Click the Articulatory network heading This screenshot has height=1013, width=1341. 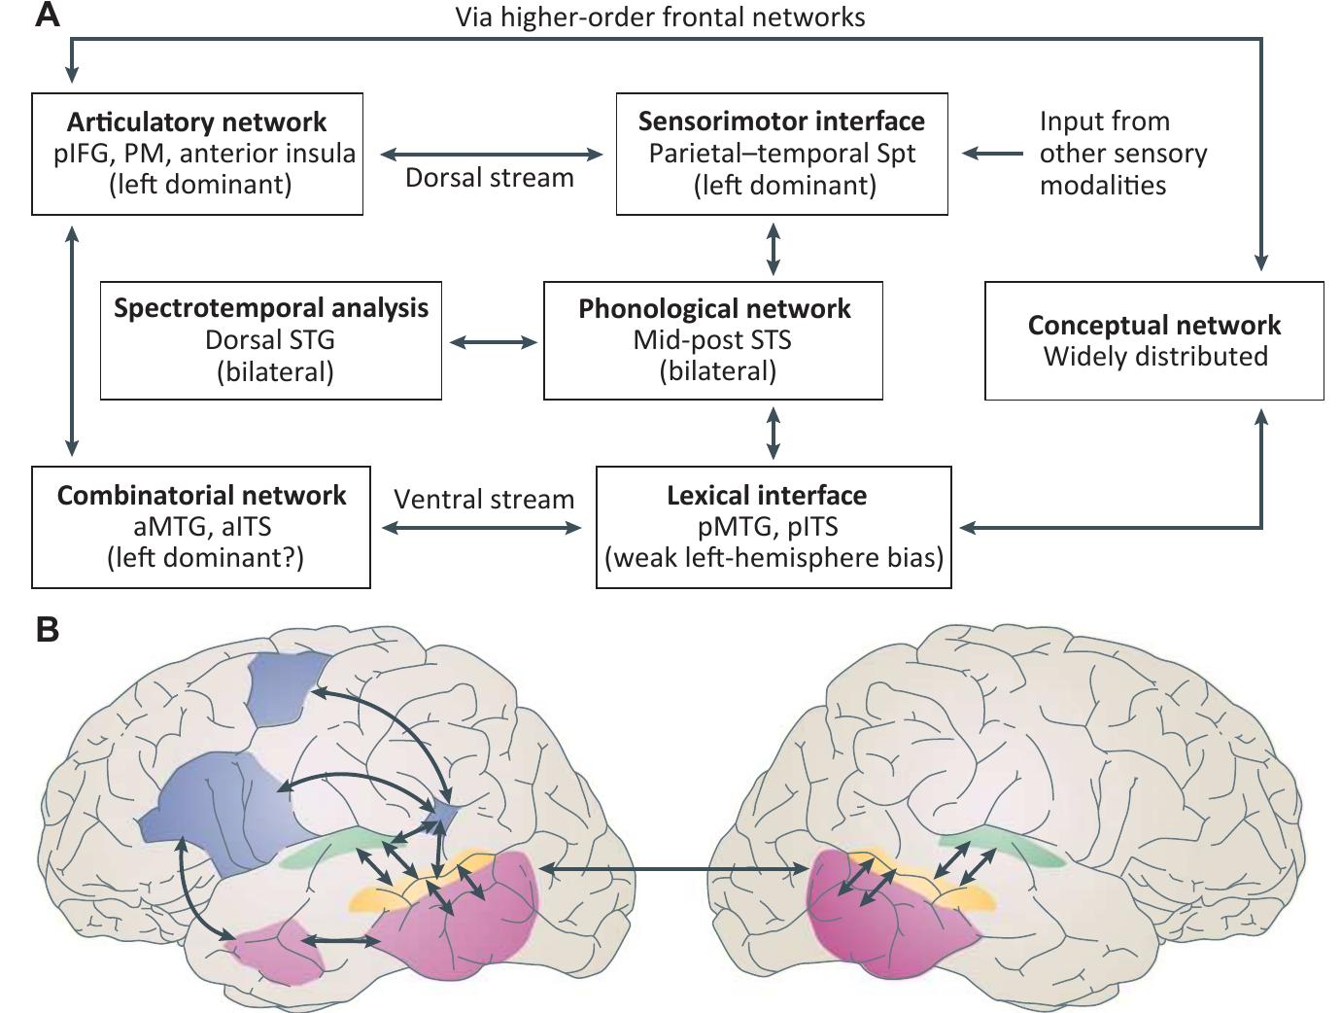(x=196, y=122)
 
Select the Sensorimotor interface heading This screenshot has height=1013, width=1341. (x=781, y=122)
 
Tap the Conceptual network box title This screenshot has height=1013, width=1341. (x=1153, y=325)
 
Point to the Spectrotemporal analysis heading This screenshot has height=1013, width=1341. (x=271, y=308)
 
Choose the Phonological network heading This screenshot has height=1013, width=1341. (x=714, y=309)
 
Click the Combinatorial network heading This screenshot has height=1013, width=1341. (x=201, y=495)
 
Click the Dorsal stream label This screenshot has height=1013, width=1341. (x=489, y=178)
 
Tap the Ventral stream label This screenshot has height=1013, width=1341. (x=484, y=500)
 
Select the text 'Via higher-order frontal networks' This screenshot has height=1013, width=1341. (x=660, y=17)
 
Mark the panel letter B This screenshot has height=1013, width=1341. (x=47, y=630)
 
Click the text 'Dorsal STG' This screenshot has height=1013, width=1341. (x=270, y=340)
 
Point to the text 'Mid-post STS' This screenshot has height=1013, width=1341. (x=712, y=340)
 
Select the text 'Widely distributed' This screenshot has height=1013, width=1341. (x=1154, y=356)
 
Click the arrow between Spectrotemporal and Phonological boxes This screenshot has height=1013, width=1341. (x=493, y=342)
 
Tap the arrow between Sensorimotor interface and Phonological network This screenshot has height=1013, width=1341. (x=774, y=248)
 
